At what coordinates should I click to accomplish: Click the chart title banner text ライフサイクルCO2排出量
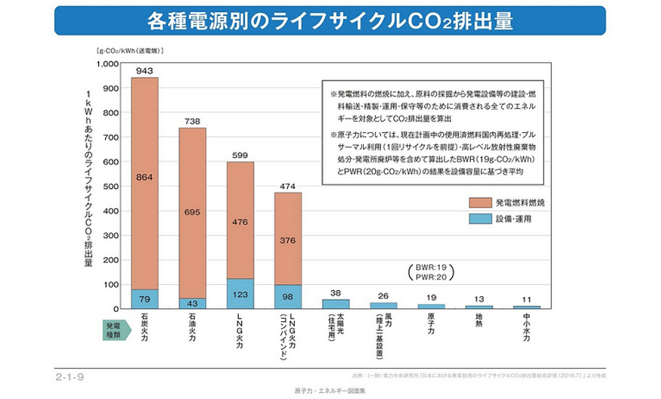pyautogui.click(x=330, y=21)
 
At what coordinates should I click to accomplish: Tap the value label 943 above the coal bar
pyautogui.click(x=144, y=71)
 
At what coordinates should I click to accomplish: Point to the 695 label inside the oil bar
pyautogui.click(x=192, y=212)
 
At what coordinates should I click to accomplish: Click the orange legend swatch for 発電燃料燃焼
pyautogui.click(x=480, y=202)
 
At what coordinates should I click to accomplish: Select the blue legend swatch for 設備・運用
pyautogui.click(x=480, y=219)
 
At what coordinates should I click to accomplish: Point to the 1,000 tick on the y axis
pyautogui.click(x=107, y=64)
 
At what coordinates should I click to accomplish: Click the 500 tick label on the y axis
pyautogui.click(x=110, y=186)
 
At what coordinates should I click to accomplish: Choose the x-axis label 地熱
pyautogui.click(x=479, y=323)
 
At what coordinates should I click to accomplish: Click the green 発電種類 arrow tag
pyautogui.click(x=113, y=330)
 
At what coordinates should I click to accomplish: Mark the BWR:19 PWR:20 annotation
pyautogui.click(x=432, y=271)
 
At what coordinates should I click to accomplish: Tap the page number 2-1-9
pyautogui.click(x=69, y=375)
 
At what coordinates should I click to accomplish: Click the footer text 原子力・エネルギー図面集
pyautogui.click(x=330, y=391)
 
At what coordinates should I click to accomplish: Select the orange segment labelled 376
pyautogui.click(x=287, y=239)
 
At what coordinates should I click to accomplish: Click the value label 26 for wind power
pyautogui.click(x=383, y=296)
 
